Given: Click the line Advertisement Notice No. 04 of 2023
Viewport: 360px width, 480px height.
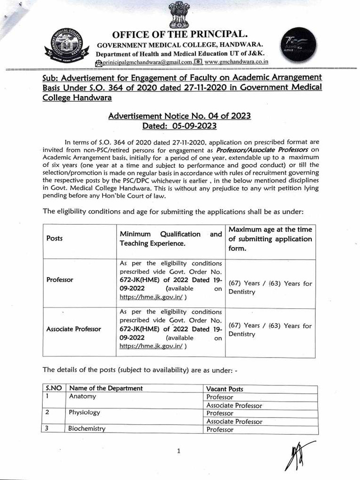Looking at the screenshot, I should (x=180, y=116).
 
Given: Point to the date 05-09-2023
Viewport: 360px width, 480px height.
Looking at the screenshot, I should (x=195, y=126).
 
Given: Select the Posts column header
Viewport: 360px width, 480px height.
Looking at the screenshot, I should (x=54, y=238).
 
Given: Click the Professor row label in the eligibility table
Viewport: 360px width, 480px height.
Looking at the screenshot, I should (x=60, y=279).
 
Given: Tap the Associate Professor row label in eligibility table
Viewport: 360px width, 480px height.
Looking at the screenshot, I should (x=74, y=329).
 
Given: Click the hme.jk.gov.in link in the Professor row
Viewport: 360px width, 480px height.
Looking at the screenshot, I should (x=151, y=297).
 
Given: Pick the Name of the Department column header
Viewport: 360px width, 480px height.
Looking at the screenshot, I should (x=106, y=388).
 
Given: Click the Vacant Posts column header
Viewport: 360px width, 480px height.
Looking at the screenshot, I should (x=225, y=389).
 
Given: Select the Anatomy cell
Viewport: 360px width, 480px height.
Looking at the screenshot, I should (x=82, y=397).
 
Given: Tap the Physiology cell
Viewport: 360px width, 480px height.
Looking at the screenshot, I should (x=85, y=413).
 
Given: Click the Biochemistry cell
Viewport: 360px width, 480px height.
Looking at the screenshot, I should (x=87, y=429).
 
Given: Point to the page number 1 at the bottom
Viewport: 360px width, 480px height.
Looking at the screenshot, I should (x=179, y=451).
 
